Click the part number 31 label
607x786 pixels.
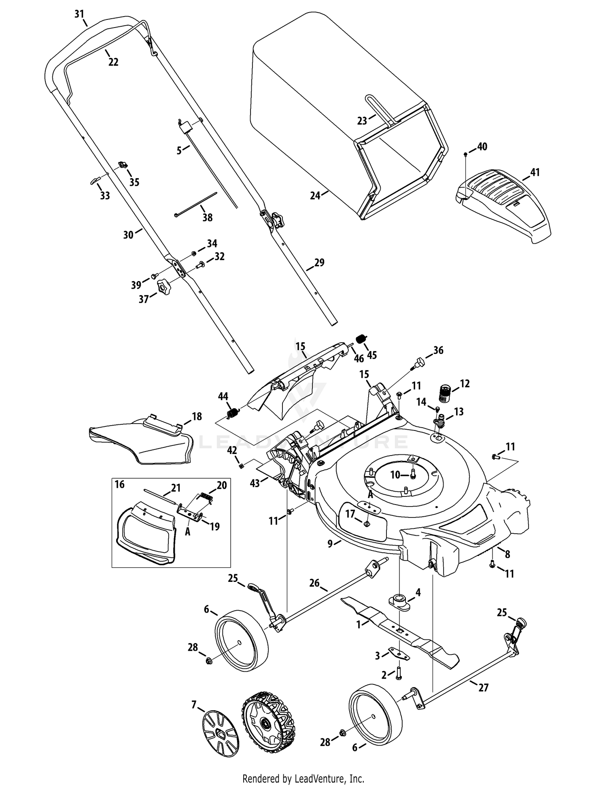(79, 14)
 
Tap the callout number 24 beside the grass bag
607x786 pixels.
(315, 196)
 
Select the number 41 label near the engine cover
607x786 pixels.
(535, 173)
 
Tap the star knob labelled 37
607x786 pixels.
(164, 288)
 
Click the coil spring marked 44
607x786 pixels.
(232, 413)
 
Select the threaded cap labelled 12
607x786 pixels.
(445, 394)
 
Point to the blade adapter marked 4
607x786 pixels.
(399, 601)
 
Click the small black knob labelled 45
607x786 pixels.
(361, 339)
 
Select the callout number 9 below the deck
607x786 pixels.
(330, 543)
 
